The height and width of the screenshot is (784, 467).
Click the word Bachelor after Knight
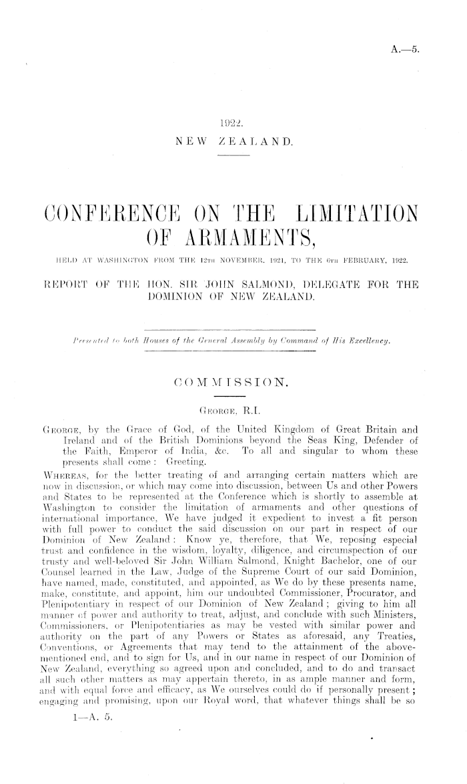(358, 566)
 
